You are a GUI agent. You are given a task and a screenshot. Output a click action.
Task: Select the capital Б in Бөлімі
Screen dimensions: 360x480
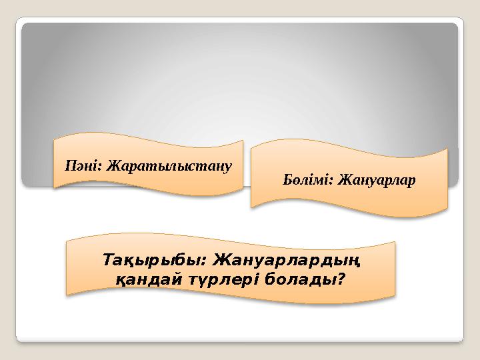pyautogui.click(x=288, y=180)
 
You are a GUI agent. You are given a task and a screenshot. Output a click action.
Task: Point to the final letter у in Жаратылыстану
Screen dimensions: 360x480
pyautogui.click(x=228, y=166)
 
